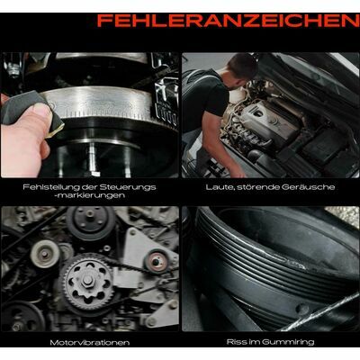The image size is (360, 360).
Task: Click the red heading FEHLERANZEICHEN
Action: (x=229, y=21)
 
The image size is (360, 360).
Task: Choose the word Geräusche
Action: (x=309, y=187)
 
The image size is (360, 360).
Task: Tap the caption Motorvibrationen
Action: (x=90, y=342)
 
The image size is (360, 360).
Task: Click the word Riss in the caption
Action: (x=235, y=342)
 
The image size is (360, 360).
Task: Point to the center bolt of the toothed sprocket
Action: (x=87, y=280)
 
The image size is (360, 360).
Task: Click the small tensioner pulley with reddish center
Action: (x=155, y=262)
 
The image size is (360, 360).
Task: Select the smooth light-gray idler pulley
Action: (x=45, y=255)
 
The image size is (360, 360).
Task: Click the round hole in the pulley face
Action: (x=301, y=309)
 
